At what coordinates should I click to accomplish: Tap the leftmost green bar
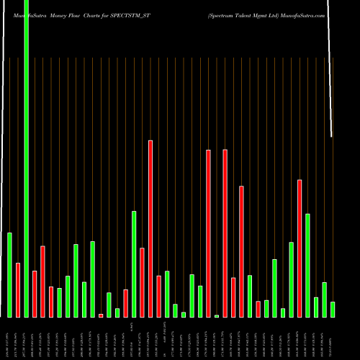[9, 274]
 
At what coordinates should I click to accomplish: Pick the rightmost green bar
[333, 309]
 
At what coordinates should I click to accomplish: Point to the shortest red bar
[101, 315]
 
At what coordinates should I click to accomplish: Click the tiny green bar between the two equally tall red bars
[217, 315]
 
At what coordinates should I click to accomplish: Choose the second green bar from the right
[324, 300]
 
